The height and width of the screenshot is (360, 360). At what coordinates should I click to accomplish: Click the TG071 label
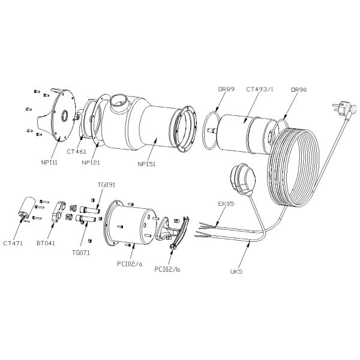point(80,253)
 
